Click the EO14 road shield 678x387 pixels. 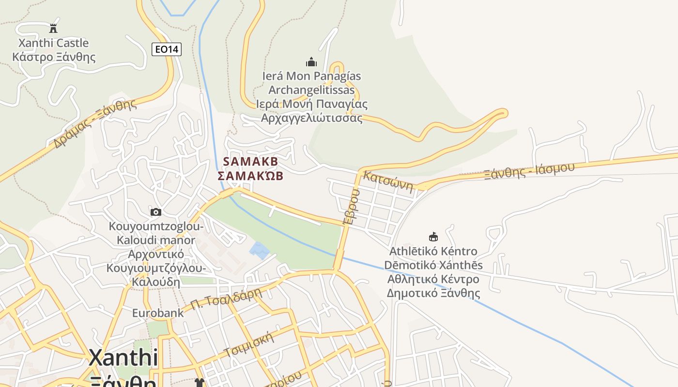point(166,49)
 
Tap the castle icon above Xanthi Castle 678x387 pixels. point(53,28)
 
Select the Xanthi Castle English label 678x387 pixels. point(53,43)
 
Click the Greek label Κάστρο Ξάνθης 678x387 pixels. point(54,57)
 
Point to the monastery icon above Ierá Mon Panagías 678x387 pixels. point(311,62)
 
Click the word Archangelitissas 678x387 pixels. point(311,90)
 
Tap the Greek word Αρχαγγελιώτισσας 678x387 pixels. point(311,118)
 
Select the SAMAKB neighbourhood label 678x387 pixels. point(250,162)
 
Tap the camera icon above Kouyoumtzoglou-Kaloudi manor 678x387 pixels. point(155,212)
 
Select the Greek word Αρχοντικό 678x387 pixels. point(156,254)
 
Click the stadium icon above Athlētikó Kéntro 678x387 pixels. point(433,237)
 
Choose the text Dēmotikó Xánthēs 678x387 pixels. point(433,265)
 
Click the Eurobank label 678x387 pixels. point(158,313)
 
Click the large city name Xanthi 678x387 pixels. point(123,358)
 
